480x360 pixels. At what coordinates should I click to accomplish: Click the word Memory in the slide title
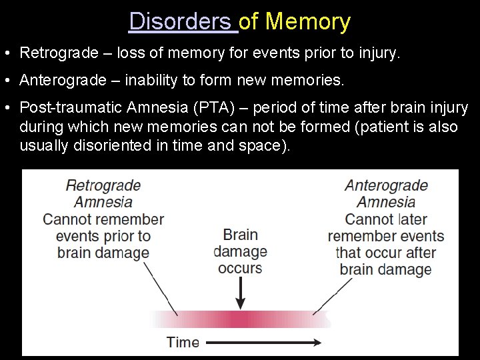307,22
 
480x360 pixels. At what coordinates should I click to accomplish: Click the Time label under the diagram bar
183,343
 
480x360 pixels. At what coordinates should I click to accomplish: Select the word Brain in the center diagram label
240,235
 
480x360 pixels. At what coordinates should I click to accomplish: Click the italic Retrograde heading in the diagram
103,185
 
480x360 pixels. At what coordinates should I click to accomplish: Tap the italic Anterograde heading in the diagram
386,185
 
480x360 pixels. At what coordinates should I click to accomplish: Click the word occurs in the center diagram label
240,268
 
